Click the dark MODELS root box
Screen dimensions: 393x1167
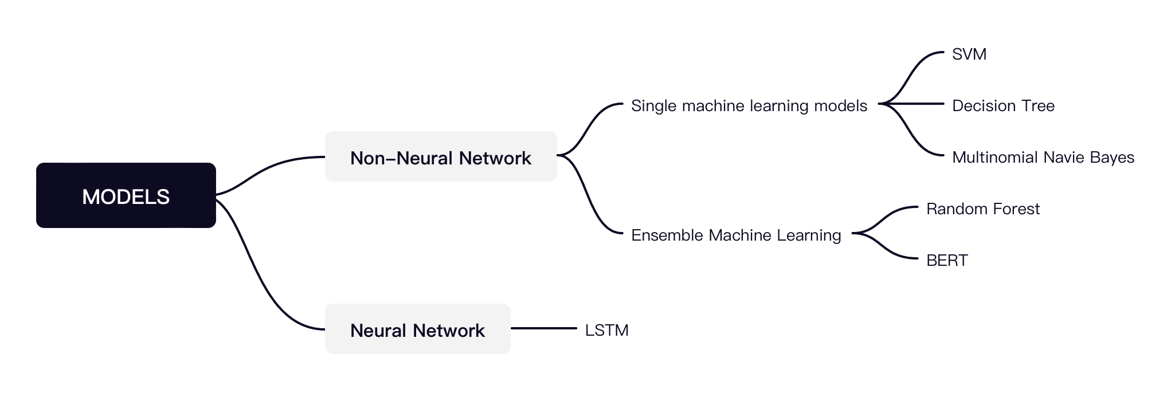126,195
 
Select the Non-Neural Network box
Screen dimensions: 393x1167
440,157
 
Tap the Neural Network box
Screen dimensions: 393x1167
417,329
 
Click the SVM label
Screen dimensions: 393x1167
969,54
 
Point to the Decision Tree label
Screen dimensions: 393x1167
1003,106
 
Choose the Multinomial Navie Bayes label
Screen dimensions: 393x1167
1043,158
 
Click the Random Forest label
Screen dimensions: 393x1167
982,209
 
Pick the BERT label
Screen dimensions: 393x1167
946,261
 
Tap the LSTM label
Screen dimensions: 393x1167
606,331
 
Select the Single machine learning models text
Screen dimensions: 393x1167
749,106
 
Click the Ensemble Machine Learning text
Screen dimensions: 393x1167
735,235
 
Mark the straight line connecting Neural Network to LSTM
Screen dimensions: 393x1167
543,328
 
